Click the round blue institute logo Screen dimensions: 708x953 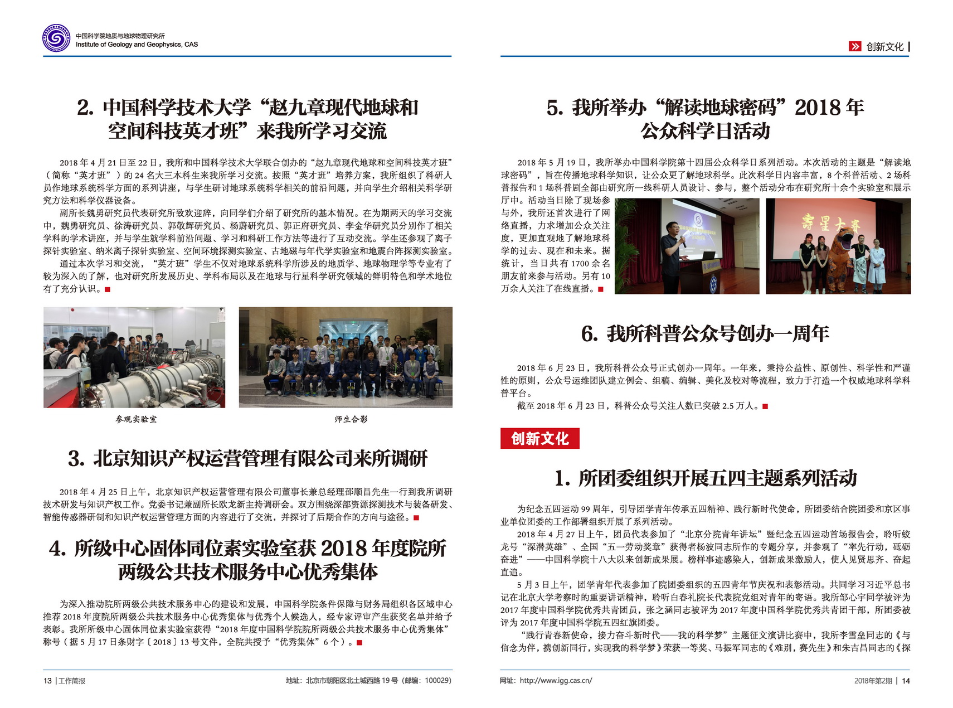click(x=56, y=38)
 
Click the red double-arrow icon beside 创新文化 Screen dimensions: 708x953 click(x=854, y=47)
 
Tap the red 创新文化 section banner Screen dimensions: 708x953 click(x=539, y=439)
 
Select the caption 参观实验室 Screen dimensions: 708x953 click(x=136, y=419)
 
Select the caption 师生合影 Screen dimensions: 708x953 click(x=351, y=419)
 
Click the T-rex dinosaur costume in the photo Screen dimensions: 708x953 click(x=841, y=259)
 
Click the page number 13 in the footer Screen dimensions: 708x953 click(x=47, y=681)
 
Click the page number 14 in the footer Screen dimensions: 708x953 click(x=906, y=681)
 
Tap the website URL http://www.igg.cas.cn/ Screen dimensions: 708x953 click(x=555, y=681)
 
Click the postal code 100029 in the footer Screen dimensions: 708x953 click(x=436, y=681)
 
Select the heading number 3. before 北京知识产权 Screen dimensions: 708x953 click(x=76, y=459)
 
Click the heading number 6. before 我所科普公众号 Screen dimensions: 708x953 click(x=590, y=334)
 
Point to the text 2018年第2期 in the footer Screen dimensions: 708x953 click(x=873, y=681)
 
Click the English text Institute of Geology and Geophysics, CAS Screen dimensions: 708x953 click(x=137, y=45)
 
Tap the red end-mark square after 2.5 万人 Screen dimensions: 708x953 click(x=765, y=406)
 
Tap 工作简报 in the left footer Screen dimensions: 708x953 click(x=72, y=681)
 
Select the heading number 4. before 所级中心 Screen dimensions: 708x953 click(x=58, y=549)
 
